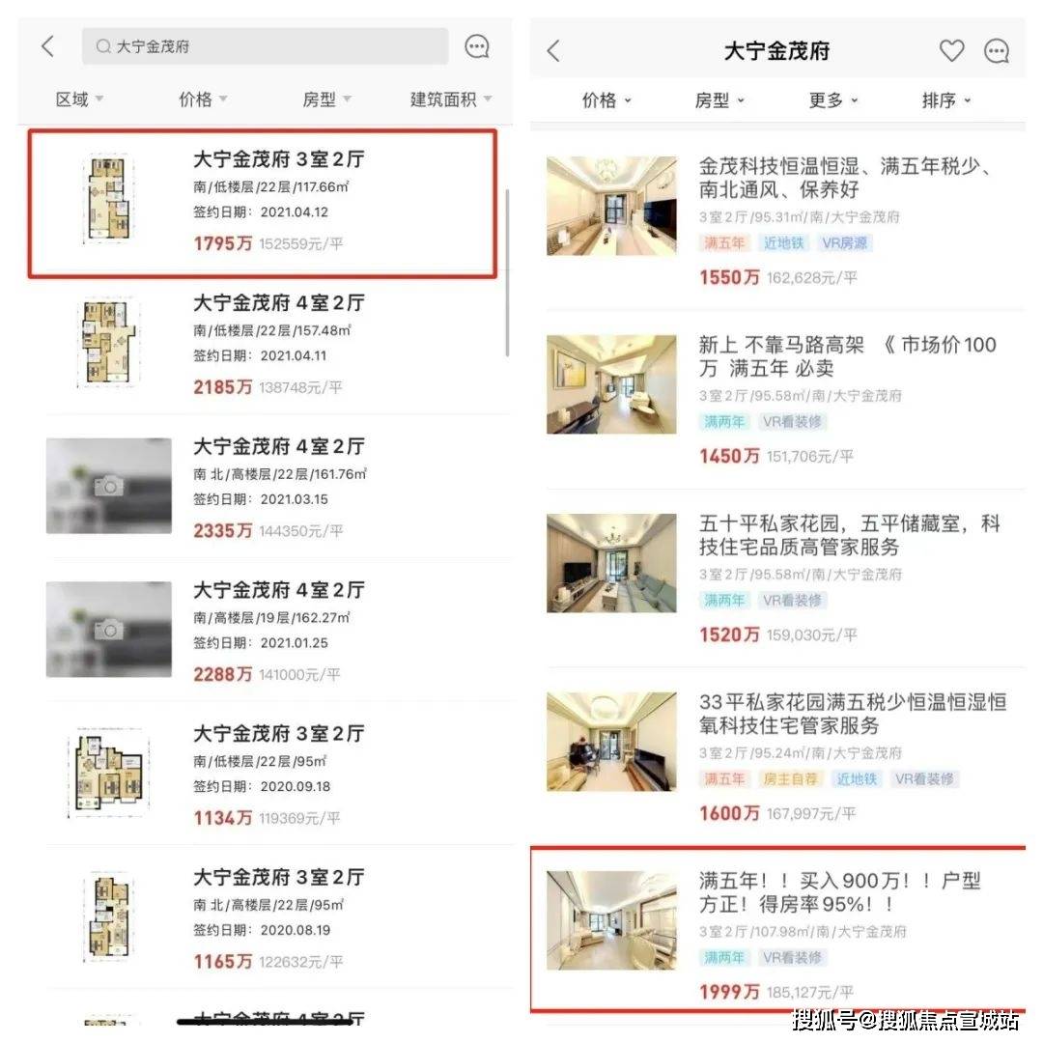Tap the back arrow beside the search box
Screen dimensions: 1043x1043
tap(48, 46)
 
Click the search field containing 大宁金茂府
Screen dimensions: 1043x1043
tap(265, 46)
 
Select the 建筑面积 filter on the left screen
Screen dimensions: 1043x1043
tap(450, 99)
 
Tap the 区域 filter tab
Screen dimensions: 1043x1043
tap(79, 99)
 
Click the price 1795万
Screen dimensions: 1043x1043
tap(223, 244)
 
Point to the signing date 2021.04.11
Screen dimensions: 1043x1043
tap(294, 355)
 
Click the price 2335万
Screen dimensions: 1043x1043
tap(223, 531)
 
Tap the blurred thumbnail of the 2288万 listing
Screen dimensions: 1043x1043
tap(109, 630)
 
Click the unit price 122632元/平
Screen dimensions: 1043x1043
tap(300, 962)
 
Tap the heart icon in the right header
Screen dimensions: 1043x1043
tap(951, 51)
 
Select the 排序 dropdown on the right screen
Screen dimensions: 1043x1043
tap(945, 100)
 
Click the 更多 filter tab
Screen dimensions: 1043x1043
tap(832, 100)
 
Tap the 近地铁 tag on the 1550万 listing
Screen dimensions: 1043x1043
tap(784, 243)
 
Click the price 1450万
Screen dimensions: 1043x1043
tap(729, 456)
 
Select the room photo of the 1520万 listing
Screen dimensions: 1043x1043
tap(611, 563)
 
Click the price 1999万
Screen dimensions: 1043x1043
tap(729, 992)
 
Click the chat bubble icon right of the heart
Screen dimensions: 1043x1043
tap(996, 51)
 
